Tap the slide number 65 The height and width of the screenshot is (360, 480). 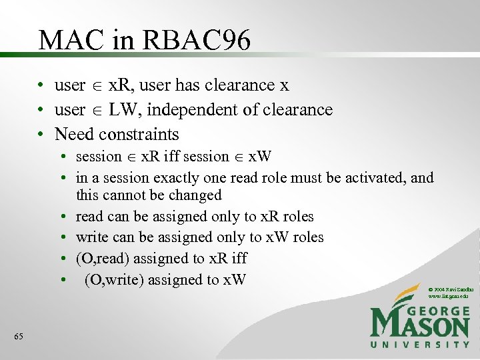(x=19, y=337)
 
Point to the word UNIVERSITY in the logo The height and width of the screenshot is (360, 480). (x=420, y=344)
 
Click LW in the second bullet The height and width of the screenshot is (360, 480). (x=121, y=109)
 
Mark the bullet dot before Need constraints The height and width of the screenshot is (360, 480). (x=41, y=135)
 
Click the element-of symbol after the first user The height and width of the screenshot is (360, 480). (x=97, y=86)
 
